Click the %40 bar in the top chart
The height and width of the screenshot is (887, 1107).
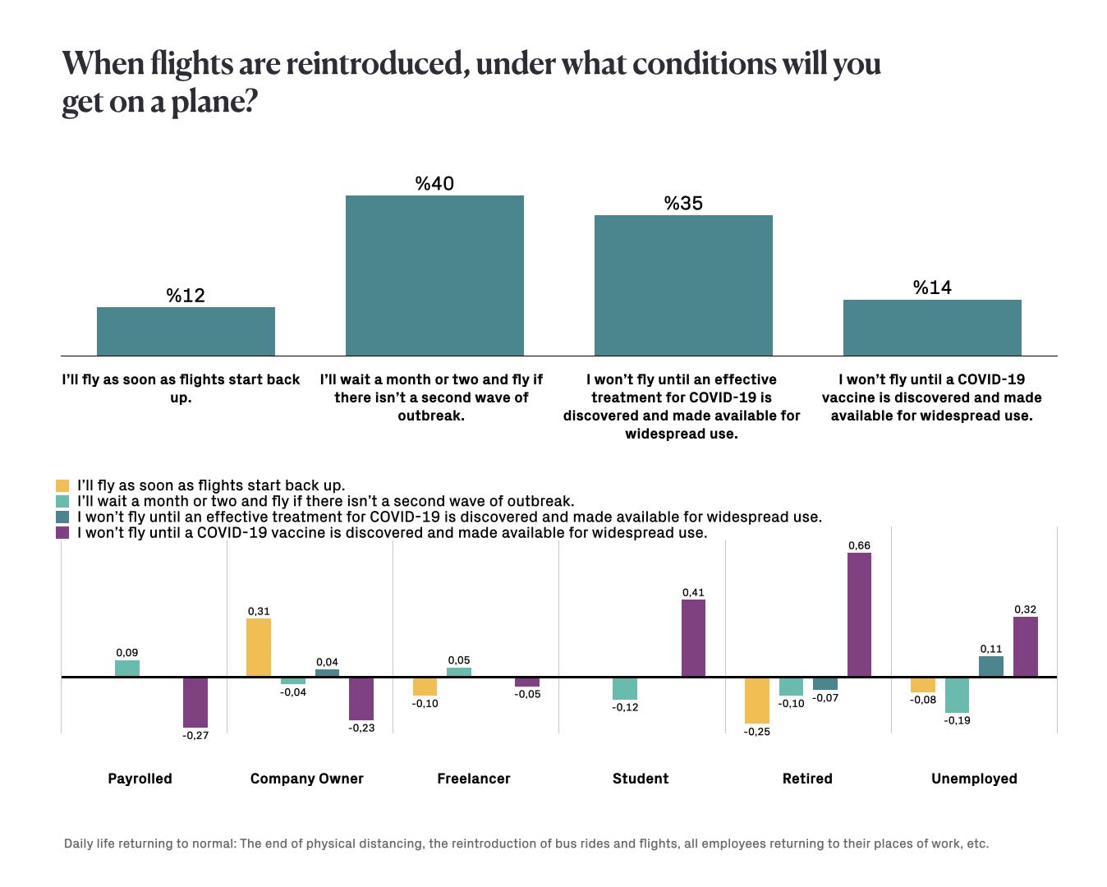[x=434, y=275]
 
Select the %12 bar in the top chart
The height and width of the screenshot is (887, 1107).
[x=186, y=331]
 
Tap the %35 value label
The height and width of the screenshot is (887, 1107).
[x=683, y=203]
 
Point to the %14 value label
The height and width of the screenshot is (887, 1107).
[x=932, y=287]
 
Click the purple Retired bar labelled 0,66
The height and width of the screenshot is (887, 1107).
[x=859, y=615]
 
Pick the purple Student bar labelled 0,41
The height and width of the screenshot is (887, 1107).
[x=693, y=638]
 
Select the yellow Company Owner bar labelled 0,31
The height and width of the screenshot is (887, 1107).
[x=259, y=648]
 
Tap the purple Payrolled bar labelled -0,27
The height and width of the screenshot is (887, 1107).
[x=195, y=702]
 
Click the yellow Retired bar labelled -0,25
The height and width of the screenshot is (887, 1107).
[x=757, y=700]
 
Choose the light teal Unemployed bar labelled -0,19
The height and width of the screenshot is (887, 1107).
[x=957, y=695]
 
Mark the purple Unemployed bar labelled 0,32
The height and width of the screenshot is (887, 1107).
[x=1026, y=647]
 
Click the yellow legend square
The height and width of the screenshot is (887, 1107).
[x=62, y=485]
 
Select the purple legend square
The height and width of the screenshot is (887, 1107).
[x=62, y=533]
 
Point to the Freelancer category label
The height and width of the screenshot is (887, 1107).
[x=474, y=779]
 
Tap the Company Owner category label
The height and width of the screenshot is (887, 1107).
[x=306, y=779]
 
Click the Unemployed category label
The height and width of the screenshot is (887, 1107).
[x=974, y=779]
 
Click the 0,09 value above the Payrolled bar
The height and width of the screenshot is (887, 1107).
[x=126, y=653]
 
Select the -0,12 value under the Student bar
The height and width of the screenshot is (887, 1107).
[x=625, y=707]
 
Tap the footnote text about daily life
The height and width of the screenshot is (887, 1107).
[x=526, y=843]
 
